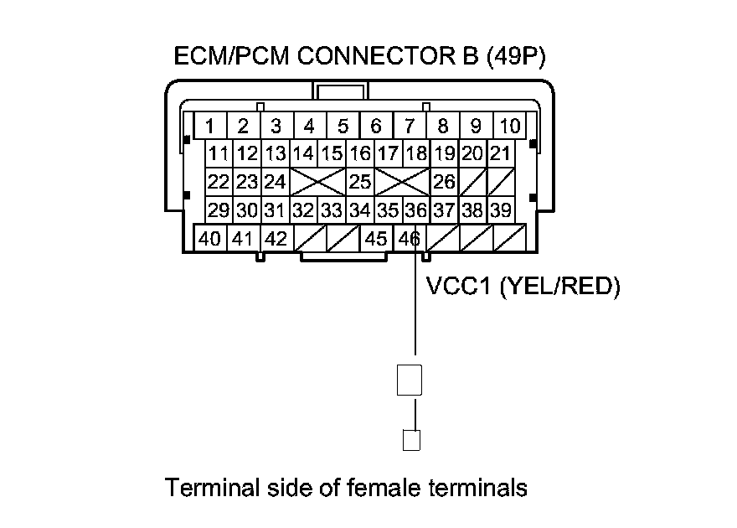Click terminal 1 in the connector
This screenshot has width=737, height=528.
tap(210, 127)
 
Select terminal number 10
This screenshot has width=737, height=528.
tap(509, 127)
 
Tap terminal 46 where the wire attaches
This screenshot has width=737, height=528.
tap(409, 239)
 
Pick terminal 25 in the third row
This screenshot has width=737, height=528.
tap(360, 181)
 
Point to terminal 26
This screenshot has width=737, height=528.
tap(444, 181)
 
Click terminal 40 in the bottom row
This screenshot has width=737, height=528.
tap(210, 239)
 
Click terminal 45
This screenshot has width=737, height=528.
tap(377, 239)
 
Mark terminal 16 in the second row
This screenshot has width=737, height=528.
tap(360, 154)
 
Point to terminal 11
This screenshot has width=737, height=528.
tap(219, 154)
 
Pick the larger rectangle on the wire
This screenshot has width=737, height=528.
tap(409, 379)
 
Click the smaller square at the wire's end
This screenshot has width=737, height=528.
tap(410, 440)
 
